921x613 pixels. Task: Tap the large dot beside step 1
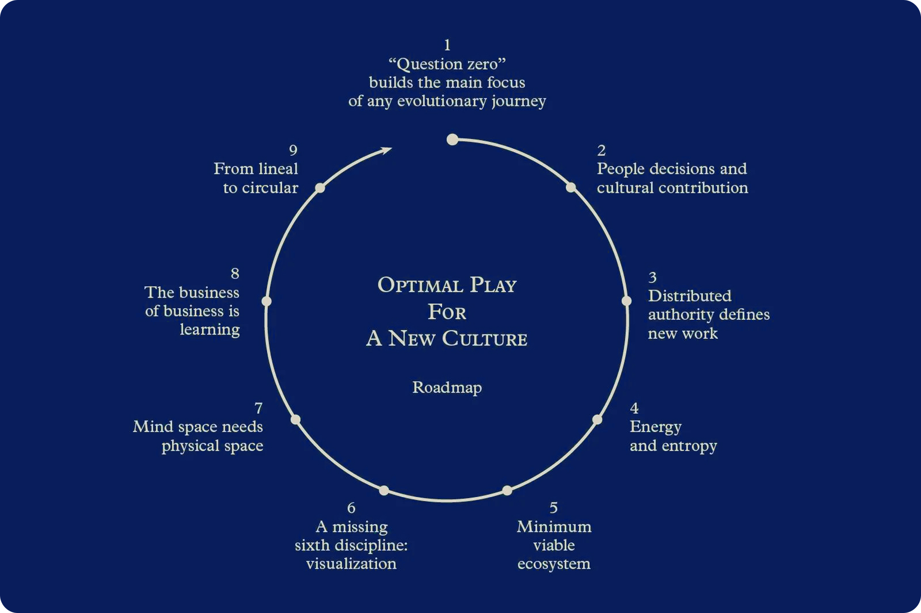coord(452,140)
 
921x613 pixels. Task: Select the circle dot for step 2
coord(571,187)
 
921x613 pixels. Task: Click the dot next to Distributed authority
coord(626,301)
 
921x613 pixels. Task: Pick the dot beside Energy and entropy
coord(597,420)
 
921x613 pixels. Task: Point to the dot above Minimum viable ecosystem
coord(507,490)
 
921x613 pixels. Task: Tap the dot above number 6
coord(384,490)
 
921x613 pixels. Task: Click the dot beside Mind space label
coord(295,420)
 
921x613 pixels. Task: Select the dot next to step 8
coord(266,301)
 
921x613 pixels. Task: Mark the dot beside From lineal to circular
coord(320,188)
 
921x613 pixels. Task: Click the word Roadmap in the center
coord(447,388)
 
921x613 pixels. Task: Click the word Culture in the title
coord(484,339)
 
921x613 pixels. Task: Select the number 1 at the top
coord(447,45)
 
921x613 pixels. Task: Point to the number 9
coord(293,150)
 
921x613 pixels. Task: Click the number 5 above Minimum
coord(554,508)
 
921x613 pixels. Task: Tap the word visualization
coord(351,564)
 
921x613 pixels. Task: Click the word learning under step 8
coord(210,330)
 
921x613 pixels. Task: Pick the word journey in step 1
coord(518,101)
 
